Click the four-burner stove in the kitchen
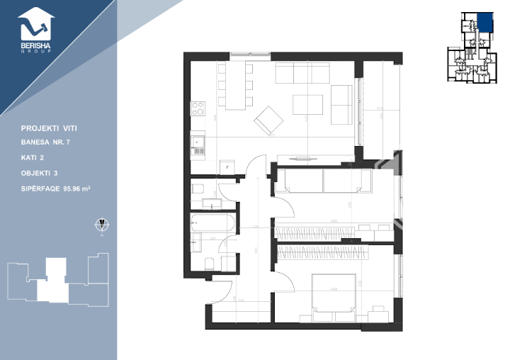pyautogui.click(x=197, y=109)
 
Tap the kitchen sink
pyautogui.click(x=198, y=147)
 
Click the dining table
pyautogui.click(x=234, y=87)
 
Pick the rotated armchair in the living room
pyautogui.click(x=268, y=120)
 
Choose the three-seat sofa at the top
pyautogui.click(x=302, y=74)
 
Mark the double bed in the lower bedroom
pyautogui.click(x=334, y=293)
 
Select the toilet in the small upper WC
pyautogui.click(x=198, y=190)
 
